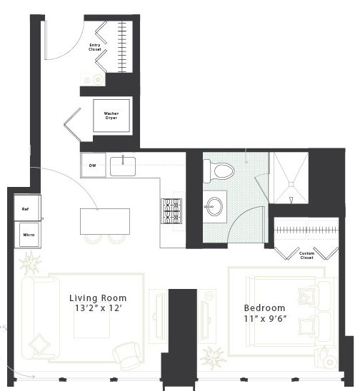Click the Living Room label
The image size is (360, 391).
98,298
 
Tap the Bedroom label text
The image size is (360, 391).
264,308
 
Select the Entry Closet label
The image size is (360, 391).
95,47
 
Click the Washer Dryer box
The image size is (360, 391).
111,116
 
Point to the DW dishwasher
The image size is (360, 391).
93,165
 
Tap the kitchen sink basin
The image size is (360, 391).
123,166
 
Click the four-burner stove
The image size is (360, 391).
171,211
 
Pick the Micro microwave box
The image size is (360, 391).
29,235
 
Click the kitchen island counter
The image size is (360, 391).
105,221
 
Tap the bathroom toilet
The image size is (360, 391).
219,171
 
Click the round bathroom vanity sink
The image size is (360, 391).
215,206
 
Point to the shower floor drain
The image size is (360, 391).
291,184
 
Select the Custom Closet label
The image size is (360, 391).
306,255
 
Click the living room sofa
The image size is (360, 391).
41,318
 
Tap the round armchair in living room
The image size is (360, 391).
126,355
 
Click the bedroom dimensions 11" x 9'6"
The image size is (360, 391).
265,319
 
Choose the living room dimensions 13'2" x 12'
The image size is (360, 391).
98,308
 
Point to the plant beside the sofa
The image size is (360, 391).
31,263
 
